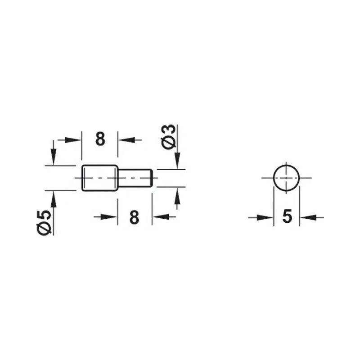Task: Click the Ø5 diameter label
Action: tap(44, 222)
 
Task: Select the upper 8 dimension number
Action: tap(100, 139)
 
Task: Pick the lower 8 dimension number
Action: tap(134, 217)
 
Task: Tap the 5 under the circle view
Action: tap(287, 216)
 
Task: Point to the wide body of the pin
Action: tap(100, 178)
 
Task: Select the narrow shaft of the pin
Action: tap(135, 178)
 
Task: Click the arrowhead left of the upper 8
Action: tap(73, 139)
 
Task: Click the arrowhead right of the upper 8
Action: tap(126, 139)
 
